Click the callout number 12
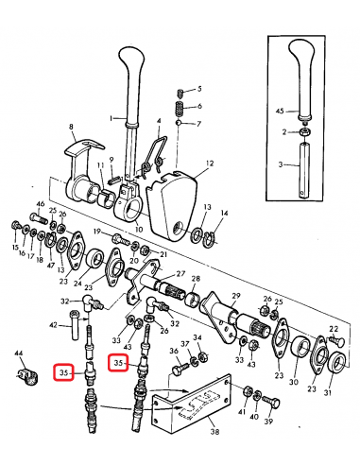(x=209, y=164)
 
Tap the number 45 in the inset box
(x=279, y=112)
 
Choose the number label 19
(x=96, y=232)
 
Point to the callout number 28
(x=196, y=280)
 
